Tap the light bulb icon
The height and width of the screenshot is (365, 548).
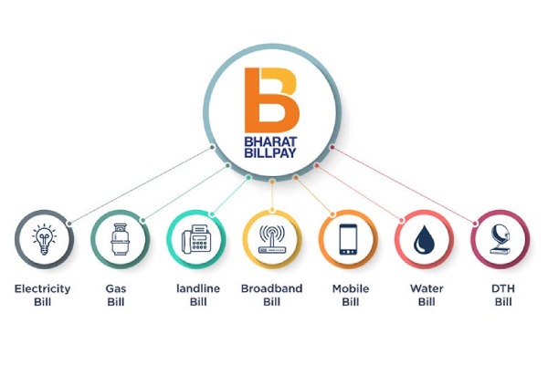[42, 239]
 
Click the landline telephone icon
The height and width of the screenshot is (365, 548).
[194, 239]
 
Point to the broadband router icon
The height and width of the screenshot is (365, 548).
[271, 239]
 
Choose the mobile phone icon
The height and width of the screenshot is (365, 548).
[347, 239]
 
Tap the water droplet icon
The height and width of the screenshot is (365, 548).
[423, 239]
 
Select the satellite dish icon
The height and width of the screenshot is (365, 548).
[499, 239]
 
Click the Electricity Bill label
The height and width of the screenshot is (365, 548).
[42, 296]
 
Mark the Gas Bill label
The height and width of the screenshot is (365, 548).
[117, 296]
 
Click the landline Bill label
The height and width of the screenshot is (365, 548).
[194, 296]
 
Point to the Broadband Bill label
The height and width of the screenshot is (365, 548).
[271, 296]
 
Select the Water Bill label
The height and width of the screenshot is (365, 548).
[423, 296]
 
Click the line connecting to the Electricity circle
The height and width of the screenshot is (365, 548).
[137, 183]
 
